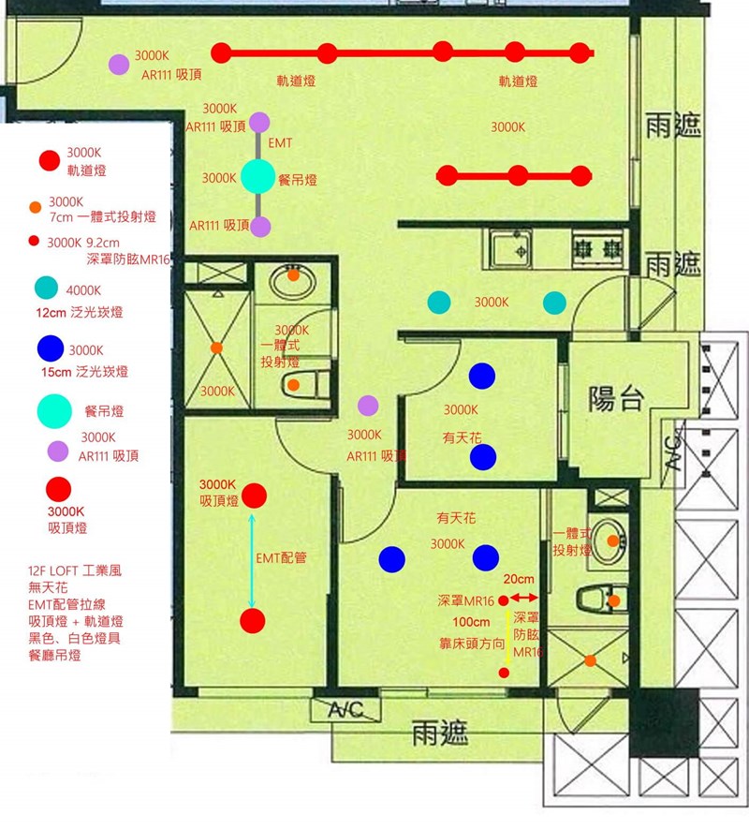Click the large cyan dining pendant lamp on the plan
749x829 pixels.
pyautogui.click(x=258, y=176)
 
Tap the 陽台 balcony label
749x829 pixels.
pyautogui.click(x=616, y=398)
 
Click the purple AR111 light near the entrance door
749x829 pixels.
pyautogui.click(x=119, y=65)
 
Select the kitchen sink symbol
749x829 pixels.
pyautogui.click(x=510, y=249)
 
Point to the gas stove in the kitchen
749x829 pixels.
pyautogui.click(x=598, y=248)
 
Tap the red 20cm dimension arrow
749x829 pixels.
pyautogui.click(x=523, y=598)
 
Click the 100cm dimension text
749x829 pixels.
pyautogui.click(x=471, y=622)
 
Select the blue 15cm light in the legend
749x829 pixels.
pyautogui.click(x=51, y=349)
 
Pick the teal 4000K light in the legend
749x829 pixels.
pyautogui.click(x=47, y=288)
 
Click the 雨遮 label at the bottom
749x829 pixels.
pyautogui.click(x=440, y=733)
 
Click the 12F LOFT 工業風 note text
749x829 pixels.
pyautogui.click(x=75, y=570)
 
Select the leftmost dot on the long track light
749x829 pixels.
pyautogui.click(x=221, y=52)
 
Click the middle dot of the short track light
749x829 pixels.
pyautogui.click(x=518, y=175)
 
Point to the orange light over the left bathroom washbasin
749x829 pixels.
pyautogui.click(x=293, y=274)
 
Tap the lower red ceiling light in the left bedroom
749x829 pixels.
pyautogui.click(x=253, y=621)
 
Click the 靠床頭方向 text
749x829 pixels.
pyautogui.click(x=472, y=644)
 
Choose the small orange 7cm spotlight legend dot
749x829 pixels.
pyautogui.click(x=35, y=207)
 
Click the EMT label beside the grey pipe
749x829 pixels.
pyautogui.click(x=280, y=142)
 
